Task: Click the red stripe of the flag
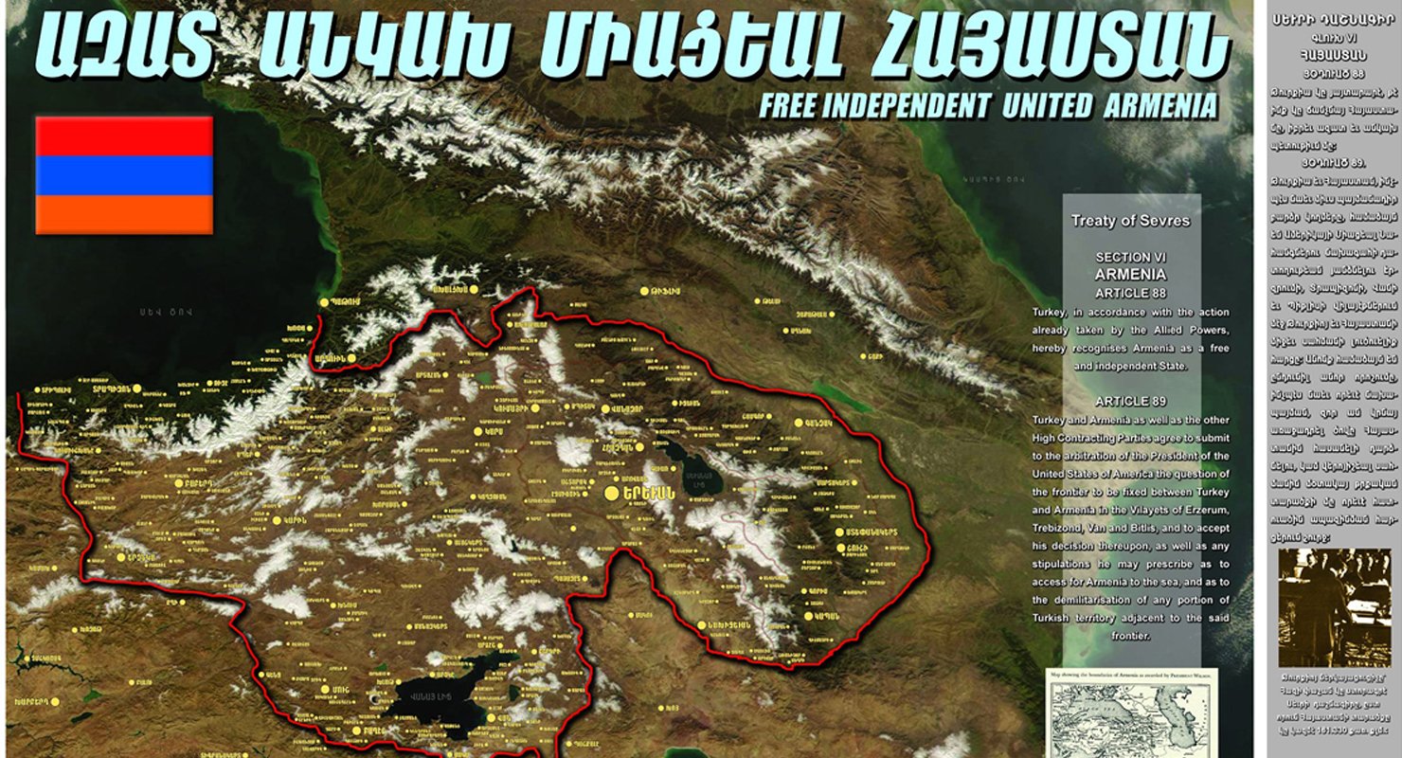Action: (123, 135)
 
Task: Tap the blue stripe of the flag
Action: (123, 175)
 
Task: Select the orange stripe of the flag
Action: (123, 214)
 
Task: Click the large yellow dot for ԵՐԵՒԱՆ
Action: (612, 493)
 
